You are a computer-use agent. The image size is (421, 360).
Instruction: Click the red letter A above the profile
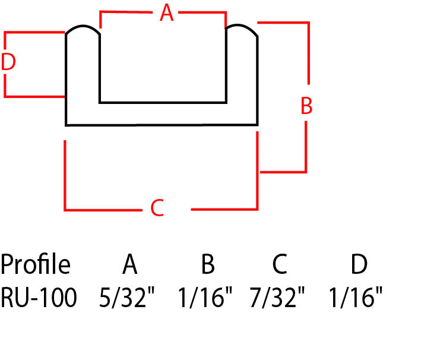click(x=166, y=12)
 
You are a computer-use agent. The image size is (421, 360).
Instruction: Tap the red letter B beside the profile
click(x=306, y=106)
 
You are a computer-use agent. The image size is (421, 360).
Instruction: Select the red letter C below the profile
click(x=157, y=208)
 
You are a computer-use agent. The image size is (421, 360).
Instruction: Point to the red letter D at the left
click(x=8, y=62)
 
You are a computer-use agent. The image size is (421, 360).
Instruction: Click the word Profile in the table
click(x=36, y=264)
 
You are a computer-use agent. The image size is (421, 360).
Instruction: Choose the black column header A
click(x=130, y=264)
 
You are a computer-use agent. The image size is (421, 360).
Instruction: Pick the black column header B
click(x=208, y=264)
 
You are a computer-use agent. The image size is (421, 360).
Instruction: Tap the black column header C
click(x=280, y=264)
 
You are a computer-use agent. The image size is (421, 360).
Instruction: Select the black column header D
click(x=359, y=264)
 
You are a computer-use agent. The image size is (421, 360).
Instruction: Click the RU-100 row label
click(x=39, y=297)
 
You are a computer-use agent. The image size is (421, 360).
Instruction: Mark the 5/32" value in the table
click(x=127, y=297)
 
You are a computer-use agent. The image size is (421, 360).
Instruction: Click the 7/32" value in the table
click(x=277, y=297)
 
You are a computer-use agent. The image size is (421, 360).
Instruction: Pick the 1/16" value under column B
click(x=205, y=297)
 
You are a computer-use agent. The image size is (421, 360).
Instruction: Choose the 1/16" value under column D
click(x=356, y=297)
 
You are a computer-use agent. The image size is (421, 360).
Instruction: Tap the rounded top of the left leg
click(x=83, y=26)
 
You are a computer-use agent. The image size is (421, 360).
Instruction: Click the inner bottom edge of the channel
click(x=163, y=102)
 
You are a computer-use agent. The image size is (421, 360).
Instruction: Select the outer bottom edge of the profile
click(x=162, y=125)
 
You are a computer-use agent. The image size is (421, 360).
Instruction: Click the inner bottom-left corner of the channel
click(x=100, y=102)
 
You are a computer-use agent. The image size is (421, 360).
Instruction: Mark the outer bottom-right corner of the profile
click(x=258, y=125)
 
